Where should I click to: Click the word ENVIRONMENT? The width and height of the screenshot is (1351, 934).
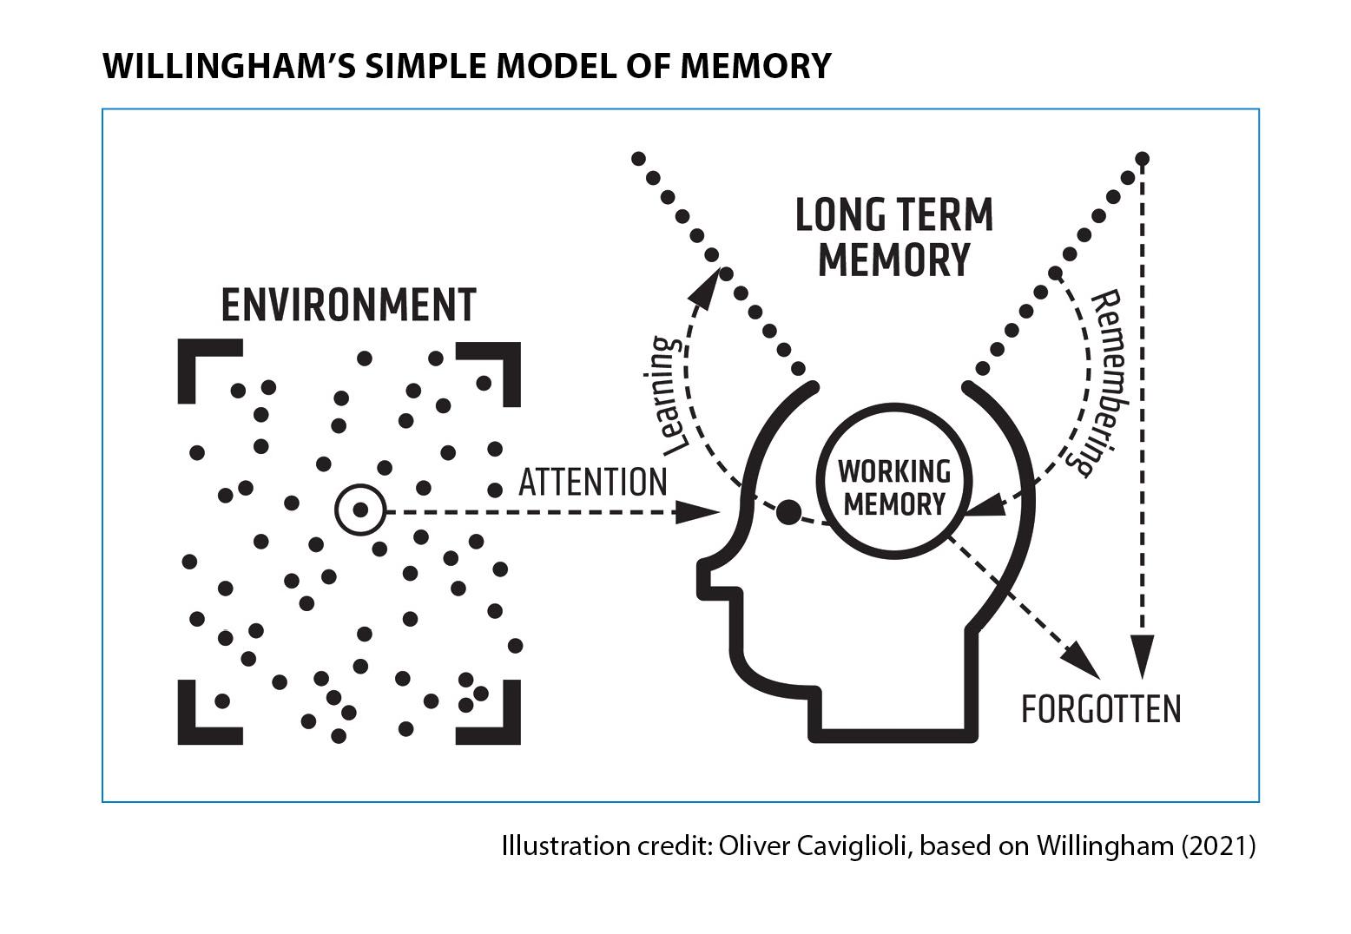tap(348, 305)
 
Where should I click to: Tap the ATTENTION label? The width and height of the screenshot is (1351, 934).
tap(592, 482)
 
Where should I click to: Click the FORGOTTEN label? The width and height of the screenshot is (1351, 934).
tap(1100, 709)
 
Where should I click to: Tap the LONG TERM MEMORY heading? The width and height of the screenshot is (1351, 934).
tap(893, 237)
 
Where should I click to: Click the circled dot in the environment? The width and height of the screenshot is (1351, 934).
tap(359, 510)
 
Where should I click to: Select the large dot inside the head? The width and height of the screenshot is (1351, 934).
tap(788, 512)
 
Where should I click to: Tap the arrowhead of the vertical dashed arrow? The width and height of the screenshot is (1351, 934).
tap(1142, 657)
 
